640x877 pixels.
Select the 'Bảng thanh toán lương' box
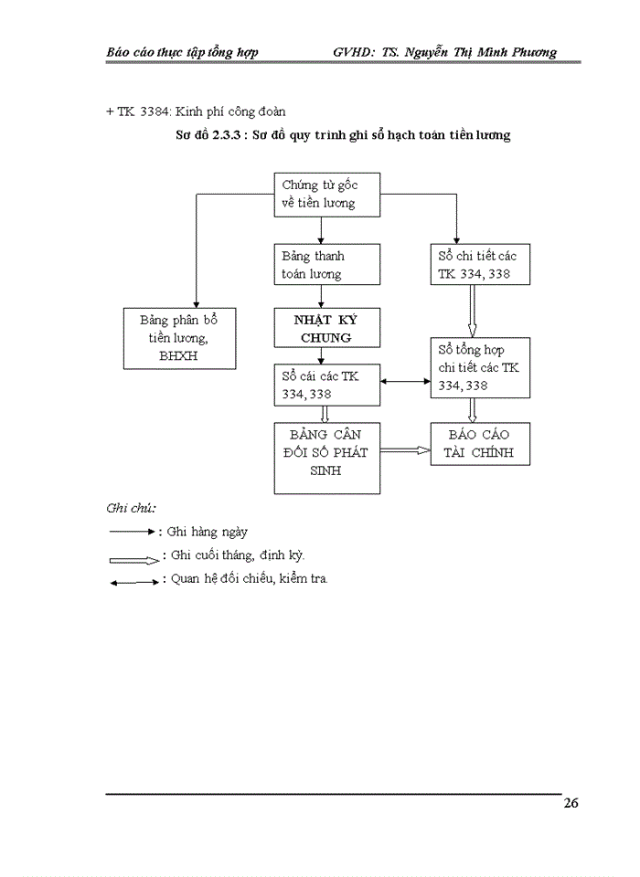point(318,265)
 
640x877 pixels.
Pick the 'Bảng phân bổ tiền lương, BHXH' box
point(178,338)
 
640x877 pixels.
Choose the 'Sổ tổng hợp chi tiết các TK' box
point(479,367)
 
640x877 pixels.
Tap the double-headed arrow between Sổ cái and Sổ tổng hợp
point(406,383)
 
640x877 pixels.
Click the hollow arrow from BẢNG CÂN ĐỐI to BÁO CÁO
point(405,450)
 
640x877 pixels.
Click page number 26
point(571,804)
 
